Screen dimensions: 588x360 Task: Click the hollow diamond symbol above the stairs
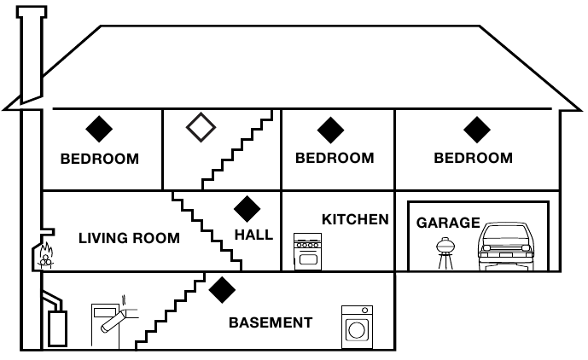point(201,127)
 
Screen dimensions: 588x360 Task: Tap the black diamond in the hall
point(247,209)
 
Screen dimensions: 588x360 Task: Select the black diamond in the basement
point(222,290)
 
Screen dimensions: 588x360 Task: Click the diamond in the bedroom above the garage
point(477,130)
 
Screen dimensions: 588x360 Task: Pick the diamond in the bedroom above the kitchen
point(330,131)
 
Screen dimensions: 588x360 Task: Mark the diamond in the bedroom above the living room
point(99,129)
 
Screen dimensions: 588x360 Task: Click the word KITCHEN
point(355,219)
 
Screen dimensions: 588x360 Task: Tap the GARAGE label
point(448,223)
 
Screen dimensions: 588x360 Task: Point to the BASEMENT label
point(271,322)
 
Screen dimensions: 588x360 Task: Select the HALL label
point(253,235)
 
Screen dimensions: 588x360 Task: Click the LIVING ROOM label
point(129,238)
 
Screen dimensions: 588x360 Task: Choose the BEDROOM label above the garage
point(474,158)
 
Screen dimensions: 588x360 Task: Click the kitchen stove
point(307,252)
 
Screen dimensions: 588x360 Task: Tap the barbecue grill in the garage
point(445,253)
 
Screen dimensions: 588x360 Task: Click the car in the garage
point(506,247)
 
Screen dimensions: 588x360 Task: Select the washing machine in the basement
point(357,327)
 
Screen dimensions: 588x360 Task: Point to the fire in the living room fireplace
point(46,255)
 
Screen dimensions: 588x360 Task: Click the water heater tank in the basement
point(58,328)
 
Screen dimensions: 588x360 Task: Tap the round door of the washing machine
point(357,330)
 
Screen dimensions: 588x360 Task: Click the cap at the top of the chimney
point(32,12)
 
